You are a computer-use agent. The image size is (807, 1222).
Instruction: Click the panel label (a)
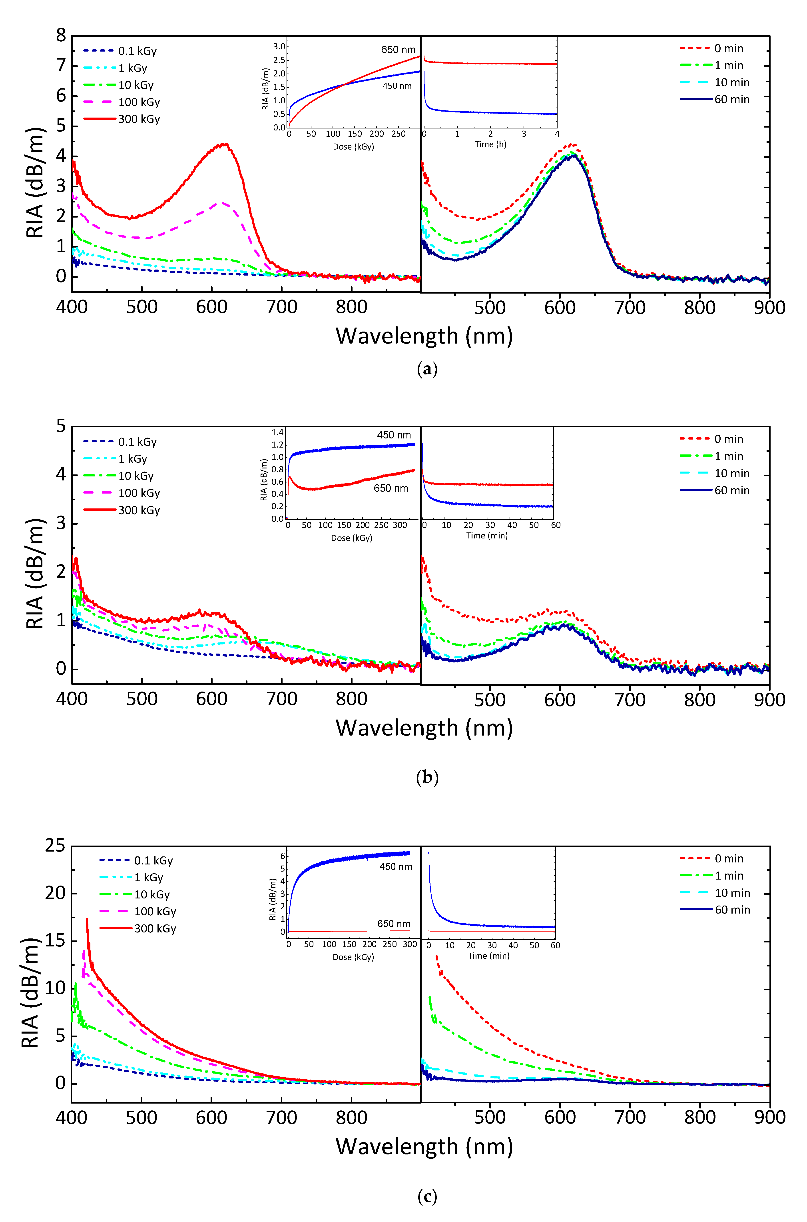pyautogui.click(x=427, y=369)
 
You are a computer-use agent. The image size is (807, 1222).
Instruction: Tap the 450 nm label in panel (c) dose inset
pyautogui.click(x=395, y=867)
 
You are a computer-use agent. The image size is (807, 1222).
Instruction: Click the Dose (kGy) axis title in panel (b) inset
pyautogui.click(x=351, y=538)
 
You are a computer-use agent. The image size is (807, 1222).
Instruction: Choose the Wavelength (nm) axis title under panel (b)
pyautogui.click(x=424, y=728)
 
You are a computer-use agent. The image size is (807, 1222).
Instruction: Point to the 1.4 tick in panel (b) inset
pyautogui.click(x=277, y=432)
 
